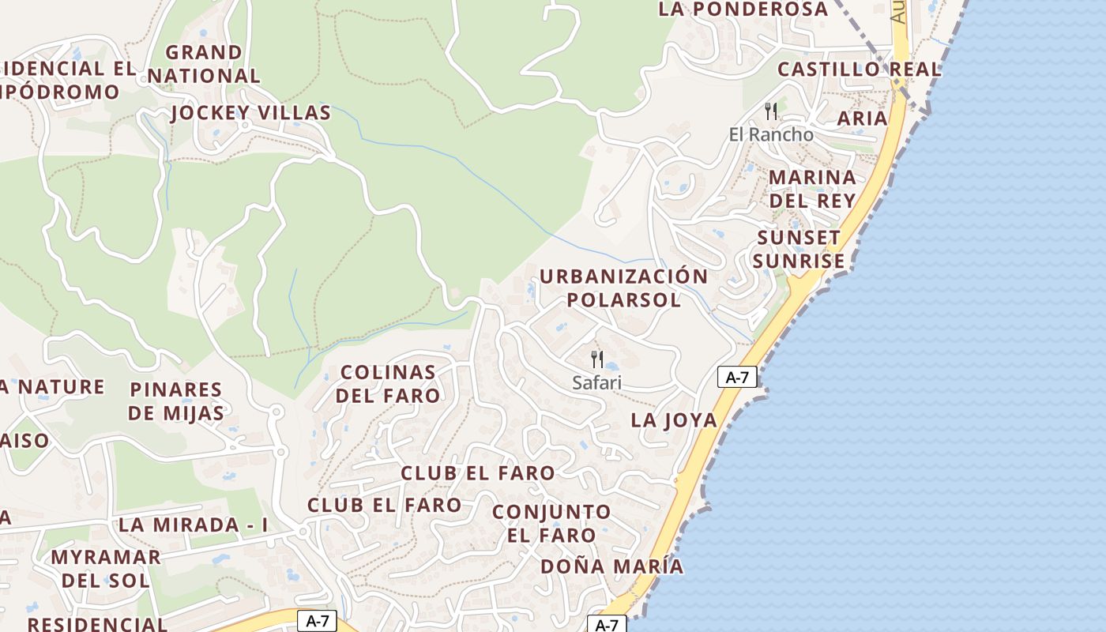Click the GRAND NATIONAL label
pos(203,64)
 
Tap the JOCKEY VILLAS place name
pos(250,113)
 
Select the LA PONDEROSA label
pos(743,9)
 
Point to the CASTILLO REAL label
pos(860,70)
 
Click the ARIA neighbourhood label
pos(862,118)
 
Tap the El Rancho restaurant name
pos(771,134)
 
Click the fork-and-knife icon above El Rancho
pos(771,111)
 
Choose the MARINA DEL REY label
pos(812,188)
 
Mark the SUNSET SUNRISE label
pos(799,249)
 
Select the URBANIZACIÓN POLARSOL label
pos(623,288)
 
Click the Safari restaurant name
pos(597,382)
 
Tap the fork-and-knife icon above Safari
pos(597,359)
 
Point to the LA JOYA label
pos(674,420)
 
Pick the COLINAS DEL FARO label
pos(388,383)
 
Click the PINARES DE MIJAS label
pos(175,401)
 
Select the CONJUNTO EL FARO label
pos(551,523)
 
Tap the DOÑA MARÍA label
pos(611,566)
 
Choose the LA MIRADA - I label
pos(194,525)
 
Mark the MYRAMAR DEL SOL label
pos(106,568)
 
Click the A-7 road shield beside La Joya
pos(737,378)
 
